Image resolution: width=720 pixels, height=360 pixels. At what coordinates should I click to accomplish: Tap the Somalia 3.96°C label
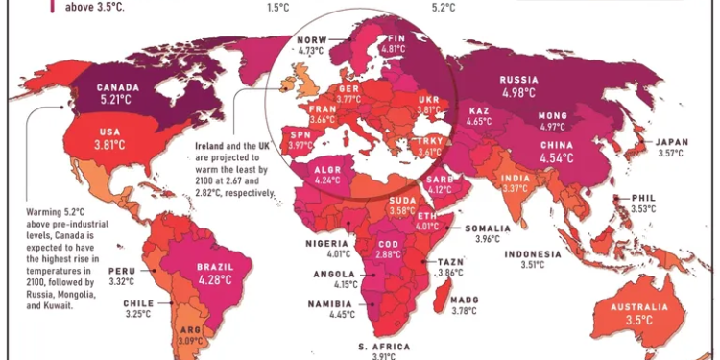pos(493,232)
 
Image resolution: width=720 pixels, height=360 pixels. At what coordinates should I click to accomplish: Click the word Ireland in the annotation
pos(204,150)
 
